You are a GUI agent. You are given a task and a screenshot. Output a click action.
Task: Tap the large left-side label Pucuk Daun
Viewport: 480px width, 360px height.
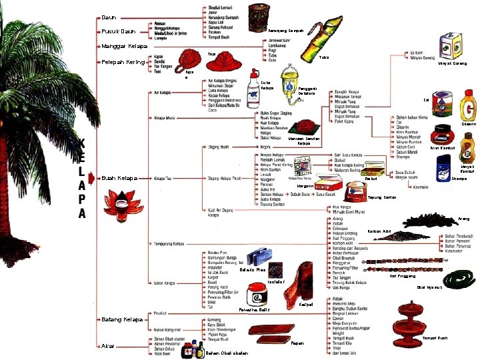click(119, 31)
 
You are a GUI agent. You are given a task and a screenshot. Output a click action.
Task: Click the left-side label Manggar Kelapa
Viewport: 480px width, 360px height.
click(124, 46)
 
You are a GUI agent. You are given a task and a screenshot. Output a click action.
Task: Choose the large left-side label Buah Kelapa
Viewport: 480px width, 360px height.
click(120, 178)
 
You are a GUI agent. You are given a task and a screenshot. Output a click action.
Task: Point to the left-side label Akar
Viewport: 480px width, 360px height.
click(109, 347)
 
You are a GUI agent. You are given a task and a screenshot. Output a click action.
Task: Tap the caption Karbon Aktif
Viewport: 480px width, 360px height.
click(379, 231)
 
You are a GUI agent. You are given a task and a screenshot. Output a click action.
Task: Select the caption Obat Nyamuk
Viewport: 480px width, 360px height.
click(429, 287)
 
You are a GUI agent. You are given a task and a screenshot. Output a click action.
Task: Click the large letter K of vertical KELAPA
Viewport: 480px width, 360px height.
click(81, 144)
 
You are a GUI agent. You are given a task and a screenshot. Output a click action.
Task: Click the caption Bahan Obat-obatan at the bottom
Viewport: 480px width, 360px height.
click(227, 353)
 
